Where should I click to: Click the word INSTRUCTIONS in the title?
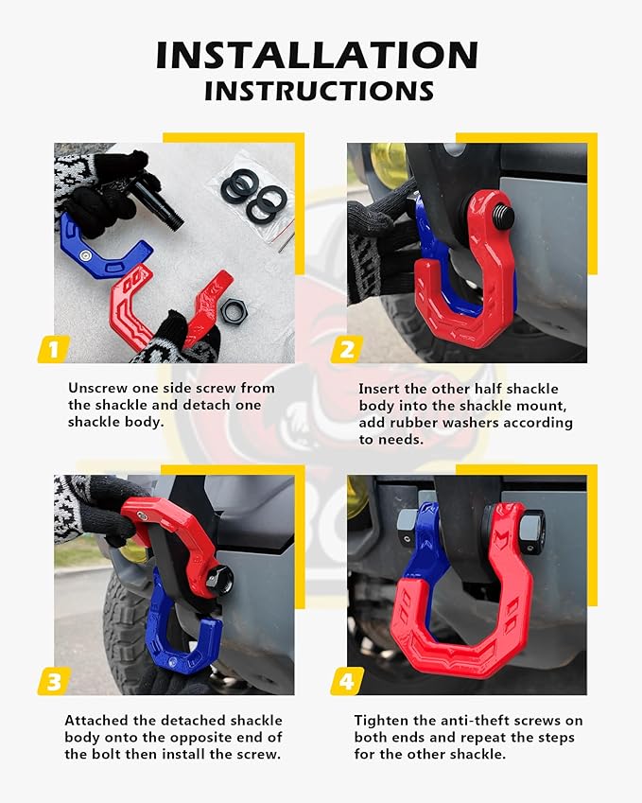tap(320, 92)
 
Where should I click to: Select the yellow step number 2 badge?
tap(346, 349)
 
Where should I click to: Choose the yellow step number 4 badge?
tap(346, 680)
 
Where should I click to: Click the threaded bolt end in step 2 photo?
tap(502, 216)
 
